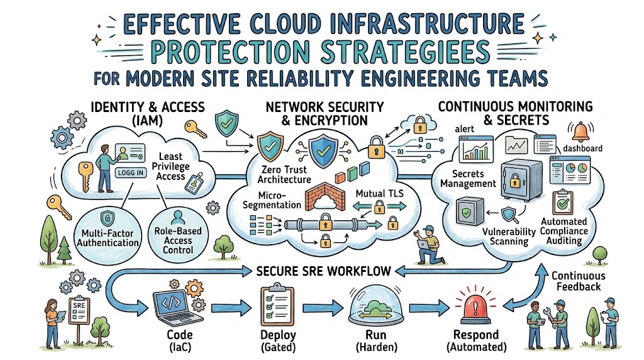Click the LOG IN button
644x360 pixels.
pos(131,172)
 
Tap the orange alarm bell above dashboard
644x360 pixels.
pos(580,132)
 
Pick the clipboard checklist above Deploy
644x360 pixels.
pos(277,306)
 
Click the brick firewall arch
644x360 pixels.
pos(325,197)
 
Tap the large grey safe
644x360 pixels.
pos(521,179)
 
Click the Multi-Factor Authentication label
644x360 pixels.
pos(108,238)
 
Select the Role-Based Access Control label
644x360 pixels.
pos(178,240)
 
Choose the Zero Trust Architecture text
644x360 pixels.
pos(284,175)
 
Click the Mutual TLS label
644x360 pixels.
pos(379,194)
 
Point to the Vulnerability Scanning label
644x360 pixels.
pos(509,236)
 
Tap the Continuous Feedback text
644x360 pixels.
pos(579,281)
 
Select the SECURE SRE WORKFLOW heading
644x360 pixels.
pos(324,271)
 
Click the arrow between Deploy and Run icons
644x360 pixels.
pos(323,307)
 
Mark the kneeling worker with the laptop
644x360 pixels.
pos(430,245)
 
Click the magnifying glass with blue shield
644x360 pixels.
pos(511,215)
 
